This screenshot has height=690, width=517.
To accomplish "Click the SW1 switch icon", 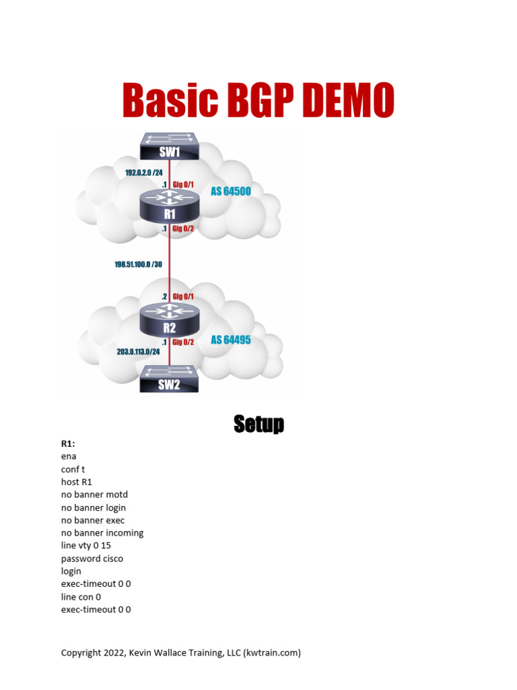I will pyautogui.click(x=170, y=147).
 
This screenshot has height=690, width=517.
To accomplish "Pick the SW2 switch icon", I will pyautogui.click(x=170, y=379).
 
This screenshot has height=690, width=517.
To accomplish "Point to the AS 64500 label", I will pyautogui.click(x=230, y=191).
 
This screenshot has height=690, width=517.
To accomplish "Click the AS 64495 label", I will pyautogui.click(x=230, y=340).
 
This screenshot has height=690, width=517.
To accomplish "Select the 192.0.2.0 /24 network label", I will pyautogui.click(x=143, y=172).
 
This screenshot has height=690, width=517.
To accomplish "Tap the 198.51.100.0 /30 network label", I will pyautogui.click(x=138, y=264).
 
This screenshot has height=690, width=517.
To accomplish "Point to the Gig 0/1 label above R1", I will pyautogui.click(x=184, y=185).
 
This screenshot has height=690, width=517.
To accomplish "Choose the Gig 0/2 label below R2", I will pyautogui.click(x=184, y=342).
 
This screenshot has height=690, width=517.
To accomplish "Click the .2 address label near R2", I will pyautogui.click(x=164, y=296).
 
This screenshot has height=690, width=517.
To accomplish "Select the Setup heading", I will pyautogui.click(x=258, y=424).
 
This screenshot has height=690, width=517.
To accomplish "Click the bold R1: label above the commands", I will pyautogui.click(x=68, y=443).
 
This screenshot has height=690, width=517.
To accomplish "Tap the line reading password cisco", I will pyautogui.click(x=92, y=559).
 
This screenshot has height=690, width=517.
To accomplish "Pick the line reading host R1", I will pyautogui.click(x=77, y=482).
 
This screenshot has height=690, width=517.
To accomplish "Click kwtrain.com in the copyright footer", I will pyautogui.click(x=272, y=652).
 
